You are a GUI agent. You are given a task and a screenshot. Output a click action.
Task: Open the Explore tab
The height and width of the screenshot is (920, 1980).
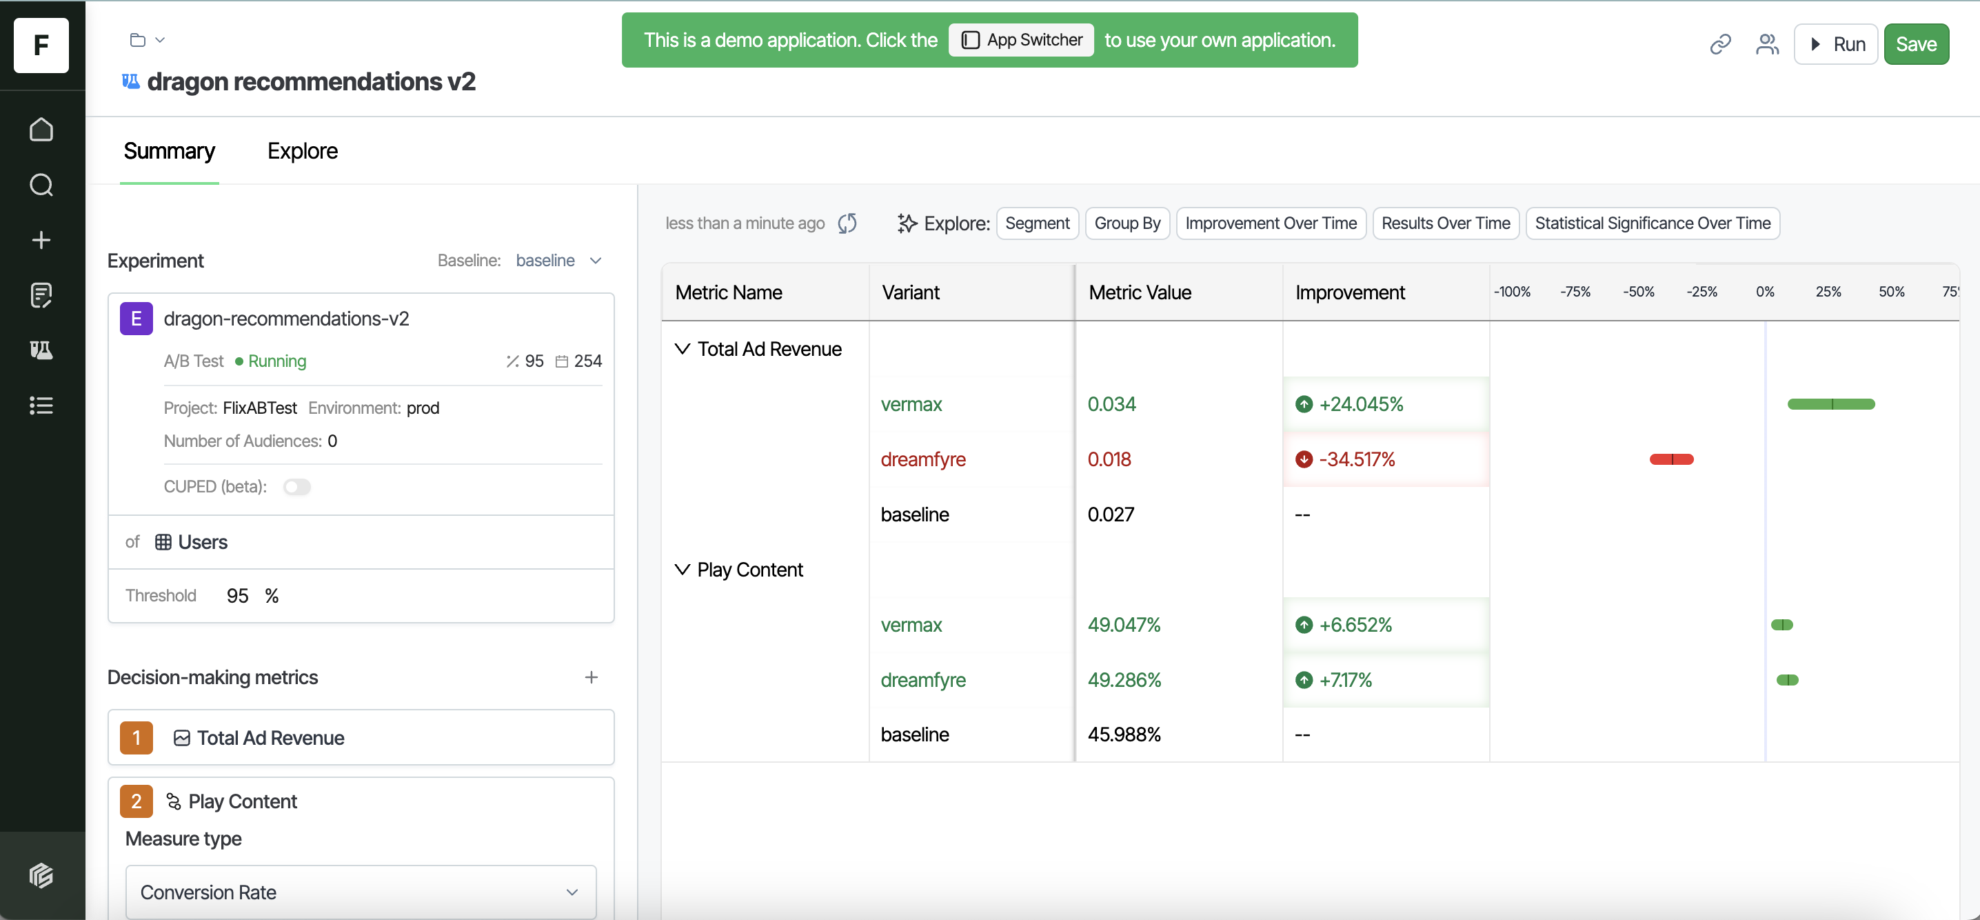click(302, 152)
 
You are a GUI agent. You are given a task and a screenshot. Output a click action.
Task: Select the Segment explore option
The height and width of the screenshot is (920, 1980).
click(1037, 223)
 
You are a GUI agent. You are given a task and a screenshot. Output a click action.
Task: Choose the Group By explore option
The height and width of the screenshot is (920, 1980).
click(1127, 223)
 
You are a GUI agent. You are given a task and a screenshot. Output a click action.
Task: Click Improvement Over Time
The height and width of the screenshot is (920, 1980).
click(1271, 223)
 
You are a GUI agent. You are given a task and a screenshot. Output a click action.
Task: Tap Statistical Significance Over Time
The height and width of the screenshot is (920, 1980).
click(1652, 223)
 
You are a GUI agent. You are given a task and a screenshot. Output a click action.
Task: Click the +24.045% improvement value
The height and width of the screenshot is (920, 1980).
click(1360, 404)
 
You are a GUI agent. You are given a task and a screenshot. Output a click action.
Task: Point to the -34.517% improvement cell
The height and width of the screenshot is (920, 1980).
click(1357, 459)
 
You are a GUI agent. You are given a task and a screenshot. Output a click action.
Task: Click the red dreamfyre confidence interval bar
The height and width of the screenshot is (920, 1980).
click(1671, 459)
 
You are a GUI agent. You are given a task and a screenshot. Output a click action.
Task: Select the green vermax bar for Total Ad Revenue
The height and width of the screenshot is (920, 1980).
click(1830, 404)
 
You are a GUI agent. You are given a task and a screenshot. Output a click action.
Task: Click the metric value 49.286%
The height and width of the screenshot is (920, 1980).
click(1124, 680)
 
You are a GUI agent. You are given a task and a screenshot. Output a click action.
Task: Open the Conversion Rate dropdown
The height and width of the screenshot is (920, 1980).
click(361, 892)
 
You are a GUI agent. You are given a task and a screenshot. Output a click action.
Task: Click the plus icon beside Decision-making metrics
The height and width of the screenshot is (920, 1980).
click(591, 677)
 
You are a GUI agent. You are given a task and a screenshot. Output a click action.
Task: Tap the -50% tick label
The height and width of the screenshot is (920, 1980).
click(1638, 292)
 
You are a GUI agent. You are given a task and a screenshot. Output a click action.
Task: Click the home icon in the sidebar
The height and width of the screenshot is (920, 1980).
click(41, 130)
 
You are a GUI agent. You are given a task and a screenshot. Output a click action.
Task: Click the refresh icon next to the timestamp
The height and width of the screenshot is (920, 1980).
click(847, 223)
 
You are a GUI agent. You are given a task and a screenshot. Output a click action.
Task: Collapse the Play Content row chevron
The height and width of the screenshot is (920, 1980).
click(682, 570)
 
